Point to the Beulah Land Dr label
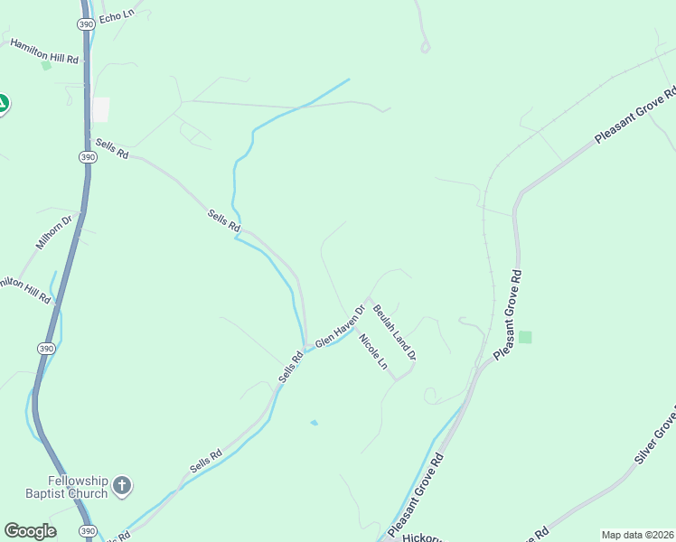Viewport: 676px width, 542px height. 394,332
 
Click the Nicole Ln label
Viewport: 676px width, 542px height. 372,352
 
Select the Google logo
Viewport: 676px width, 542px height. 30,531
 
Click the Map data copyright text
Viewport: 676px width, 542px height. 638,535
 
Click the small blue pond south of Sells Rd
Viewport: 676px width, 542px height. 314,422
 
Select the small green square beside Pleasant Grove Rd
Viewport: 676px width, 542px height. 525,337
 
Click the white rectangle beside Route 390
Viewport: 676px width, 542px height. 100,109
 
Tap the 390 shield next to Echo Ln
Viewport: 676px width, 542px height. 86,25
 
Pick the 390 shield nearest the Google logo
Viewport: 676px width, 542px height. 86,531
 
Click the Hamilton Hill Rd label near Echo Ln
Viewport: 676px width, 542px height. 44,51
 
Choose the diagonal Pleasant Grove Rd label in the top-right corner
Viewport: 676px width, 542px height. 635,117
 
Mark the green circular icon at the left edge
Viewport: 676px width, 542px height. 3,104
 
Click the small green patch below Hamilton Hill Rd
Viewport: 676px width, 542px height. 45,65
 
